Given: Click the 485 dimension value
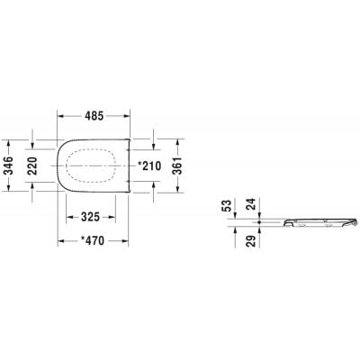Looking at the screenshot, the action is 94,116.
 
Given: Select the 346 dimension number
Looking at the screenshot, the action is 9,166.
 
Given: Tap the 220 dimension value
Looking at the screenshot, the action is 32,166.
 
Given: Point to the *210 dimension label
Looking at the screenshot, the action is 149,166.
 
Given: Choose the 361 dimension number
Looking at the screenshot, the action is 178,166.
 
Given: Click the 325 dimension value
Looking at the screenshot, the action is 90,217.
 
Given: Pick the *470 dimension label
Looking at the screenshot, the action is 93,240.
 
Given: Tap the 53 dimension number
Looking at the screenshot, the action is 228,206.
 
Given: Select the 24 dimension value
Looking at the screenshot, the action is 252,204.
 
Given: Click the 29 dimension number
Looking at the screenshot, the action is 252,241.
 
